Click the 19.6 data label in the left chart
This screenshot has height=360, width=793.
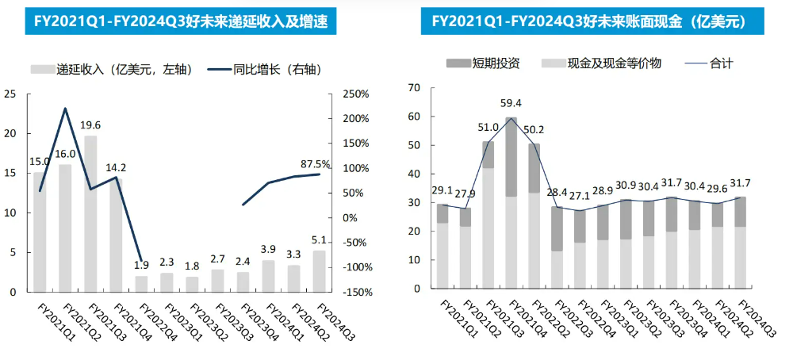90,125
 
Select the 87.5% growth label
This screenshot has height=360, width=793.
316,163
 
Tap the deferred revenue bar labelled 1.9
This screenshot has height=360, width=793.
141,284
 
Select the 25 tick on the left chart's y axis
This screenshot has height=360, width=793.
10,94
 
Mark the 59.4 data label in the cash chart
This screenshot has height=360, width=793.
511,103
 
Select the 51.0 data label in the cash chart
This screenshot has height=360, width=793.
487,127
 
